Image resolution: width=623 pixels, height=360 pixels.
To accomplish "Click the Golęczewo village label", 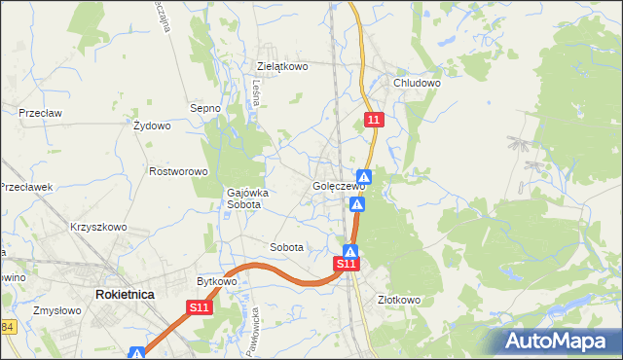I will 338,186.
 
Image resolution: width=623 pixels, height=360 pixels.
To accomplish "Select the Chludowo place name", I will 417,84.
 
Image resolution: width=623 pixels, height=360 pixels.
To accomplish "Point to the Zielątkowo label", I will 282,67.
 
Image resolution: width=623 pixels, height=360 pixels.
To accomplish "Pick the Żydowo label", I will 152,126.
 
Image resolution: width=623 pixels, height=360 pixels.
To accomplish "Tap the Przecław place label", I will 40,113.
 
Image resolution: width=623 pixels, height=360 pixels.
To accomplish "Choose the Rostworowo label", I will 179,171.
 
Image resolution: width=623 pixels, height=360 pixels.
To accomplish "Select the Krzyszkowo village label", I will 98,227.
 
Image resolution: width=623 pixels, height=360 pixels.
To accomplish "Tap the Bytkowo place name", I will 217,281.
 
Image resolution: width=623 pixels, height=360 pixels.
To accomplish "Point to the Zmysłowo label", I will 55,311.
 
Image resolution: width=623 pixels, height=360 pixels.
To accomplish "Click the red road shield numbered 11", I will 376,120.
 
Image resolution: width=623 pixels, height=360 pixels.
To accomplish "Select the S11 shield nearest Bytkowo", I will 199,307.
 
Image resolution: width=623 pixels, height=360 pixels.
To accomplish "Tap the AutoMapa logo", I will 559,341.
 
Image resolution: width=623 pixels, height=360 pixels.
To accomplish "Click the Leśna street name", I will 256,92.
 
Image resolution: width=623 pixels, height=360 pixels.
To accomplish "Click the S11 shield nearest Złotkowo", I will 348,264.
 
